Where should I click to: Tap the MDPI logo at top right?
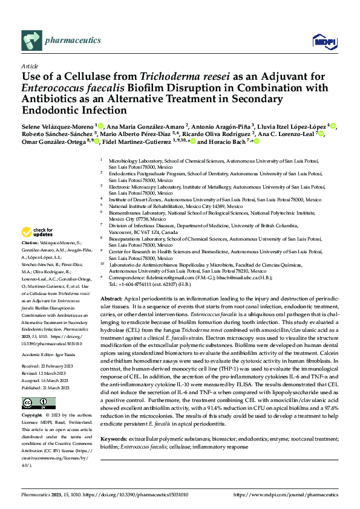(321, 41)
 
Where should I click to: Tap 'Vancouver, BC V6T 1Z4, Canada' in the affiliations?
(143, 232)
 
